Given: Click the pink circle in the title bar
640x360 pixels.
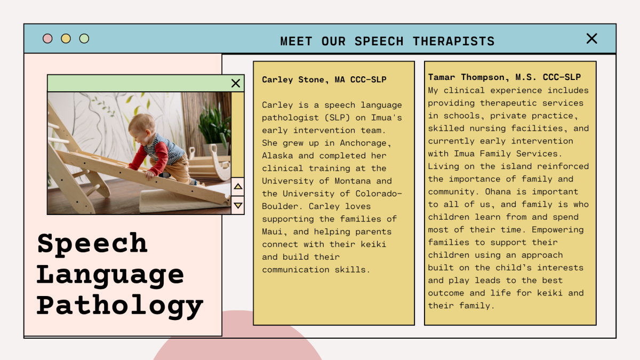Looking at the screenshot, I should pyautogui.click(x=47, y=38).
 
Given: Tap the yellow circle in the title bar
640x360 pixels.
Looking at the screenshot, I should pyautogui.click(x=66, y=38).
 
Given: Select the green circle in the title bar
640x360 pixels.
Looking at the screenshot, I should pyautogui.click(x=84, y=38).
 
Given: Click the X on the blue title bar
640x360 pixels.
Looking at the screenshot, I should pyautogui.click(x=591, y=38).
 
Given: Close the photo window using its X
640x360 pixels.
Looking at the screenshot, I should pyautogui.click(x=236, y=83).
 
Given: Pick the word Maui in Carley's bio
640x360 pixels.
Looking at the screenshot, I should pyautogui.click(x=272, y=231).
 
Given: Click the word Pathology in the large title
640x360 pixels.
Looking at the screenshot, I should pyautogui.click(x=120, y=305).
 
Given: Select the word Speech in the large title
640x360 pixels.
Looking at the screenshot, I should pyautogui.click(x=92, y=243).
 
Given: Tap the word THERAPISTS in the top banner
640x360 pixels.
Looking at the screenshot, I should pyautogui.click(x=453, y=41).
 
